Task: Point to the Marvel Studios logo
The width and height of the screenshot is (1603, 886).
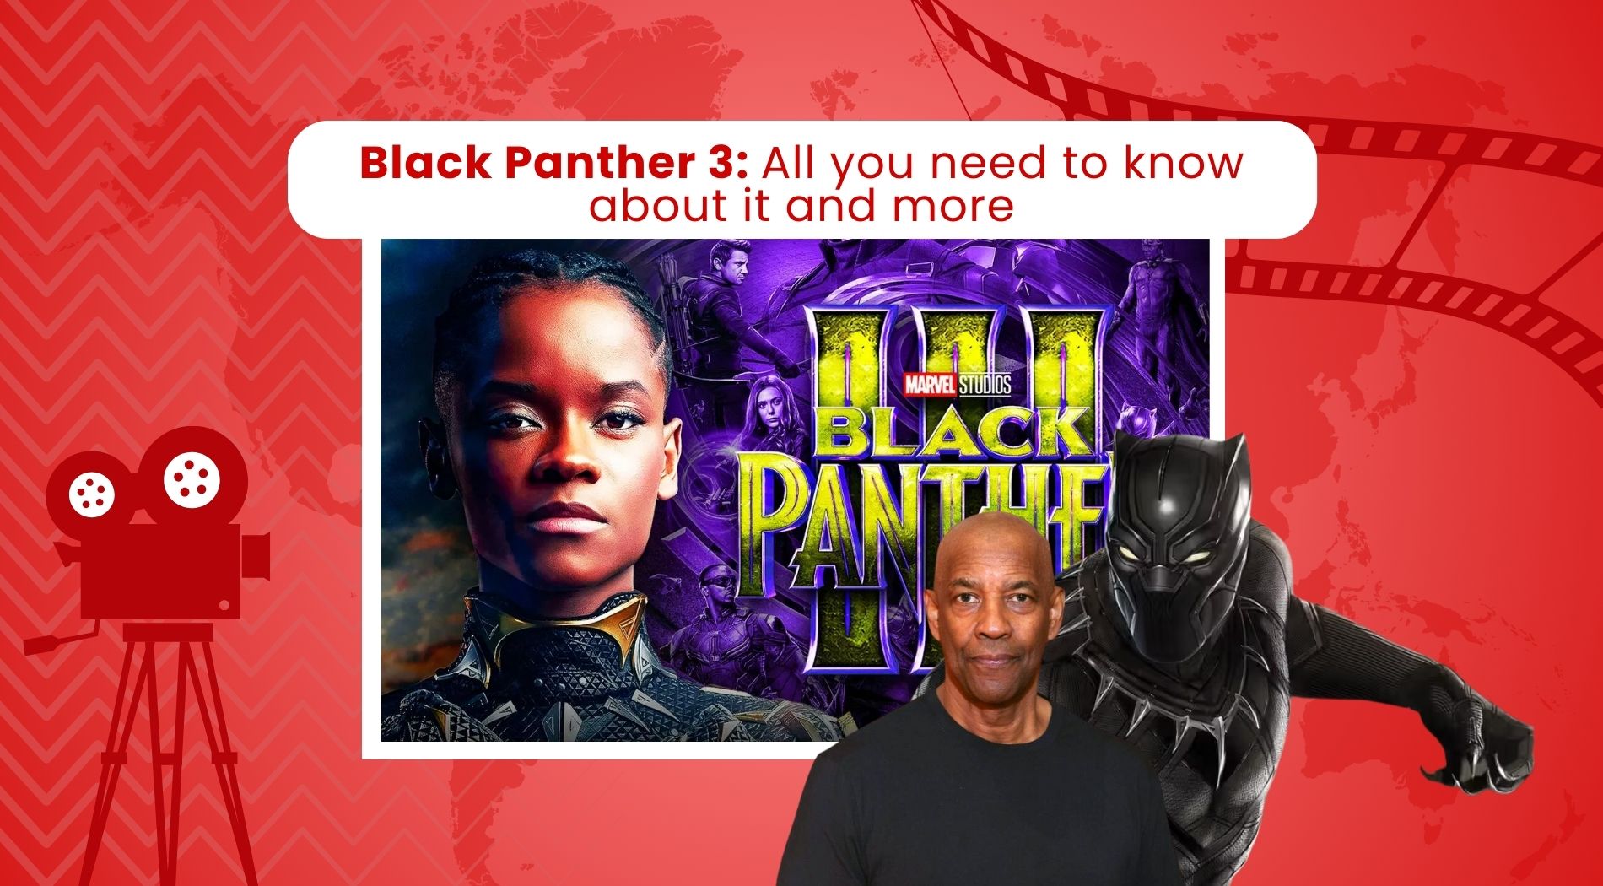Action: tap(957, 385)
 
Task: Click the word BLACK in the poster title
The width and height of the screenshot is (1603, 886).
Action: tap(953, 433)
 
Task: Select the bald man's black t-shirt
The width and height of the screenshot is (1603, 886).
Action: tap(970, 802)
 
